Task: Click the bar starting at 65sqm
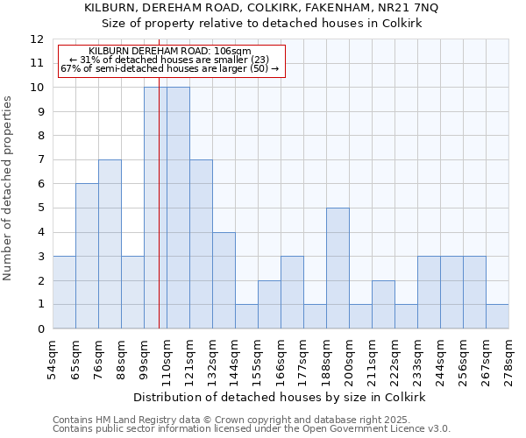[87, 256]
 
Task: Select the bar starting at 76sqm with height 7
[110, 244]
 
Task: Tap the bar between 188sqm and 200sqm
[338, 268]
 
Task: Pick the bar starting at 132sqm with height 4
[224, 280]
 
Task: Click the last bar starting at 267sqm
[497, 316]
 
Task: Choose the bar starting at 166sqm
[292, 293]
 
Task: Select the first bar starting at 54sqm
[64, 293]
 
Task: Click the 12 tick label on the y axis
[37, 39]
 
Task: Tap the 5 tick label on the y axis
[40, 208]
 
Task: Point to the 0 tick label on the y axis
[40, 329]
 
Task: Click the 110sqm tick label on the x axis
[167, 360]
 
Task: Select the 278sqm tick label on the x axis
[508, 360]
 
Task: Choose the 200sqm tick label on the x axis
[349, 360]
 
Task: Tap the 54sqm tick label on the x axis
[53, 360]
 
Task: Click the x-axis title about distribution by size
[280, 397]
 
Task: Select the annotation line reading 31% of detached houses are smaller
[169, 60]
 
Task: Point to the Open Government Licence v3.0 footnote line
[252, 429]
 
